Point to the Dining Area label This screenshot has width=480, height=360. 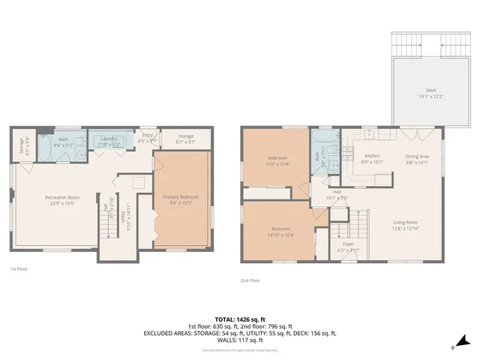point(416,157)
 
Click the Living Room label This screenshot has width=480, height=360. point(404,223)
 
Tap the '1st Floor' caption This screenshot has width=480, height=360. point(19,268)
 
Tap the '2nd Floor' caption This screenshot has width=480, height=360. point(250,280)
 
